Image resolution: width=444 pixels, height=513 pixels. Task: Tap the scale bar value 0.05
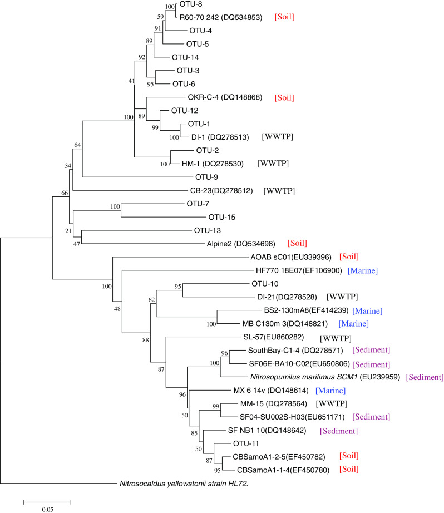click(46, 508)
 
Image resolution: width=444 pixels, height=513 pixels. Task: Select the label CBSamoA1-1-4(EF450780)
click(277, 470)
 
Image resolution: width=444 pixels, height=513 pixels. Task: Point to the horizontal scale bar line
click(46, 500)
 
